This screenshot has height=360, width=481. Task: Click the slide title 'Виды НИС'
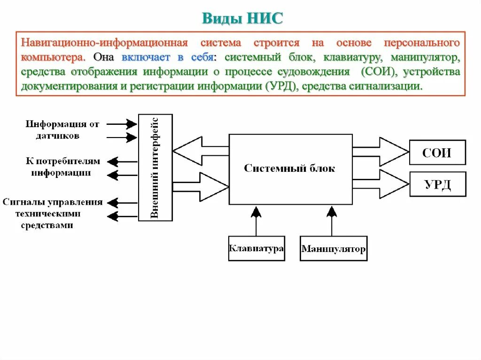pyautogui.click(x=243, y=18)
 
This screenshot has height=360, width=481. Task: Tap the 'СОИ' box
pyautogui.click(x=437, y=152)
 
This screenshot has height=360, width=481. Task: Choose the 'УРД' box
pyautogui.click(x=437, y=184)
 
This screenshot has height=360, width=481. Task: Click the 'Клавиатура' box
pyautogui.click(x=256, y=248)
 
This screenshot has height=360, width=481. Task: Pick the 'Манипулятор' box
pyautogui.click(x=334, y=248)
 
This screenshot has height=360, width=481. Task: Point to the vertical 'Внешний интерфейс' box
pyautogui.click(x=155, y=168)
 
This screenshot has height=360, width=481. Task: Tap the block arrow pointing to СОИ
pyautogui.click(x=380, y=152)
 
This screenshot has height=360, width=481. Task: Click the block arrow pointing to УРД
pyautogui.click(x=380, y=184)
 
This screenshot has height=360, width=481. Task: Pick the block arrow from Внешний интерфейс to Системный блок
pyautogui.click(x=201, y=186)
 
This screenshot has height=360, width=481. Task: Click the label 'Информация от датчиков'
pyautogui.click(x=62, y=130)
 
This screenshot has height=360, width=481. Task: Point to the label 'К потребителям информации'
pyautogui.click(x=62, y=167)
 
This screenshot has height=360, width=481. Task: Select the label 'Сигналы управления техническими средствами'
pyautogui.click(x=53, y=214)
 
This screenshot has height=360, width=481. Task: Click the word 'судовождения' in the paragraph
pyautogui.click(x=320, y=72)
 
